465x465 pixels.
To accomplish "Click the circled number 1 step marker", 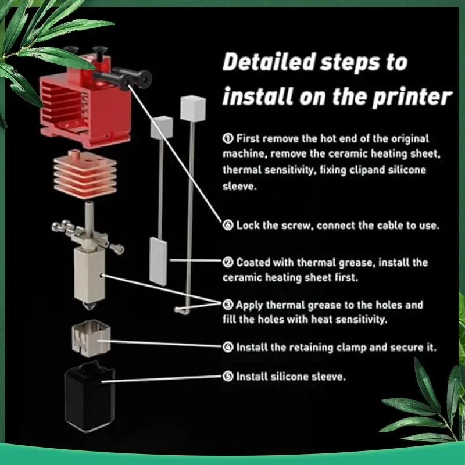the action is [228, 139].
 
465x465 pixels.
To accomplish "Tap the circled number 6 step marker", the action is [228, 224].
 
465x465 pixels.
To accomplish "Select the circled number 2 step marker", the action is [228, 262].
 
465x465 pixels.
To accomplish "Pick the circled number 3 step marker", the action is [228, 305].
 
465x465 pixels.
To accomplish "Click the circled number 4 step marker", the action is [228, 347].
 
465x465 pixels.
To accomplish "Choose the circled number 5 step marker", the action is [228, 377].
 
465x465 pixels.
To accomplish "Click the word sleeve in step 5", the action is [329, 377].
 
